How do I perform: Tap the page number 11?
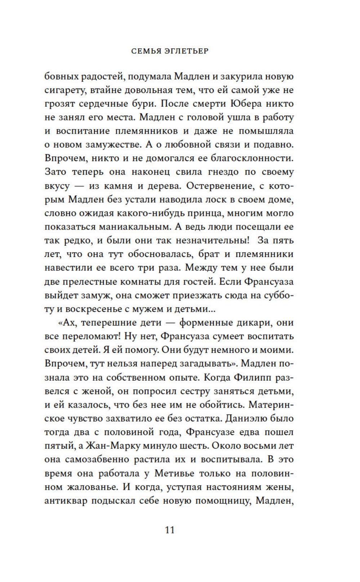point(169,530)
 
